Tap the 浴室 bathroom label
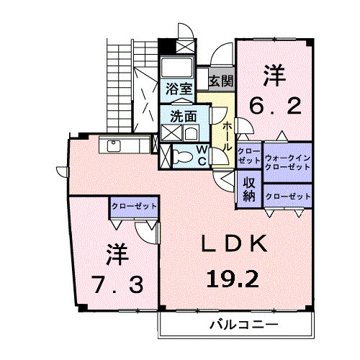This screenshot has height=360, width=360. (x=178, y=89)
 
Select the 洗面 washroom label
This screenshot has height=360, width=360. (x=183, y=115)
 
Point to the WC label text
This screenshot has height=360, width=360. (x=202, y=155)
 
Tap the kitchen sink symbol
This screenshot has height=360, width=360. (x=115, y=145)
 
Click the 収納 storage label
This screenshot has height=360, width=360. (x=248, y=188)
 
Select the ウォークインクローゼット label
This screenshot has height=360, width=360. (x=287, y=162)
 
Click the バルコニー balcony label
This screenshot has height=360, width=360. (x=243, y=324)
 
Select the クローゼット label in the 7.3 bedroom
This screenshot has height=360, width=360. (x=134, y=207)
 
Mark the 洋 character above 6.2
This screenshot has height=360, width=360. (x=274, y=74)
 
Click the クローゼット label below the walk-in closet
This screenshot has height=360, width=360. (x=287, y=196)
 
